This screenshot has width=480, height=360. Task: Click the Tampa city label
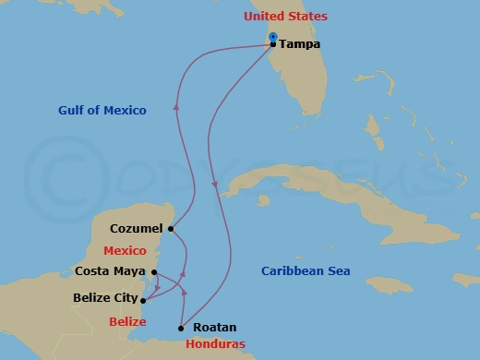(301, 43)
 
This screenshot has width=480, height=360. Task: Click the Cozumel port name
(136, 228)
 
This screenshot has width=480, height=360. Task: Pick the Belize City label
(104, 299)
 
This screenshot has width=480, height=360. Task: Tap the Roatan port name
(214, 328)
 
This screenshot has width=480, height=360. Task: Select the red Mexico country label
(126, 249)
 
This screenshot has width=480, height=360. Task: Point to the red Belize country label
(126, 321)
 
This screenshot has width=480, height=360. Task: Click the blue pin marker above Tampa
(273, 37)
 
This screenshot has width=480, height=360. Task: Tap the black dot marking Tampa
(273, 44)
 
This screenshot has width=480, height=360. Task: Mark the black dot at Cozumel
(171, 228)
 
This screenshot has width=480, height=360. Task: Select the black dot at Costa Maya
(155, 272)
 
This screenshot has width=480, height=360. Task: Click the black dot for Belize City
(142, 299)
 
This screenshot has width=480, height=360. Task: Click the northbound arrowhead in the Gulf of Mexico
(175, 109)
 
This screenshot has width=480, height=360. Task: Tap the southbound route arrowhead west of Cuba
(215, 188)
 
